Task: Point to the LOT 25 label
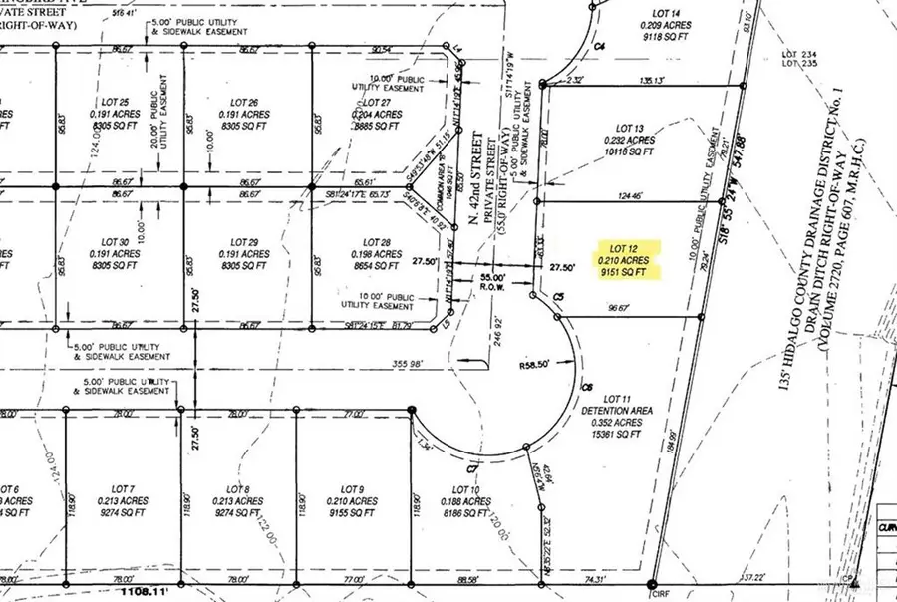coord(117,103)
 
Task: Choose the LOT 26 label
coord(244,103)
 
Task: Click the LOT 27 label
coord(377,103)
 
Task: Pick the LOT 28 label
coord(377,243)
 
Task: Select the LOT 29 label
coord(244,243)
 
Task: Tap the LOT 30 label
coord(117,243)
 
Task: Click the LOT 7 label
coord(124,488)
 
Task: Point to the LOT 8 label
coord(239,488)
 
